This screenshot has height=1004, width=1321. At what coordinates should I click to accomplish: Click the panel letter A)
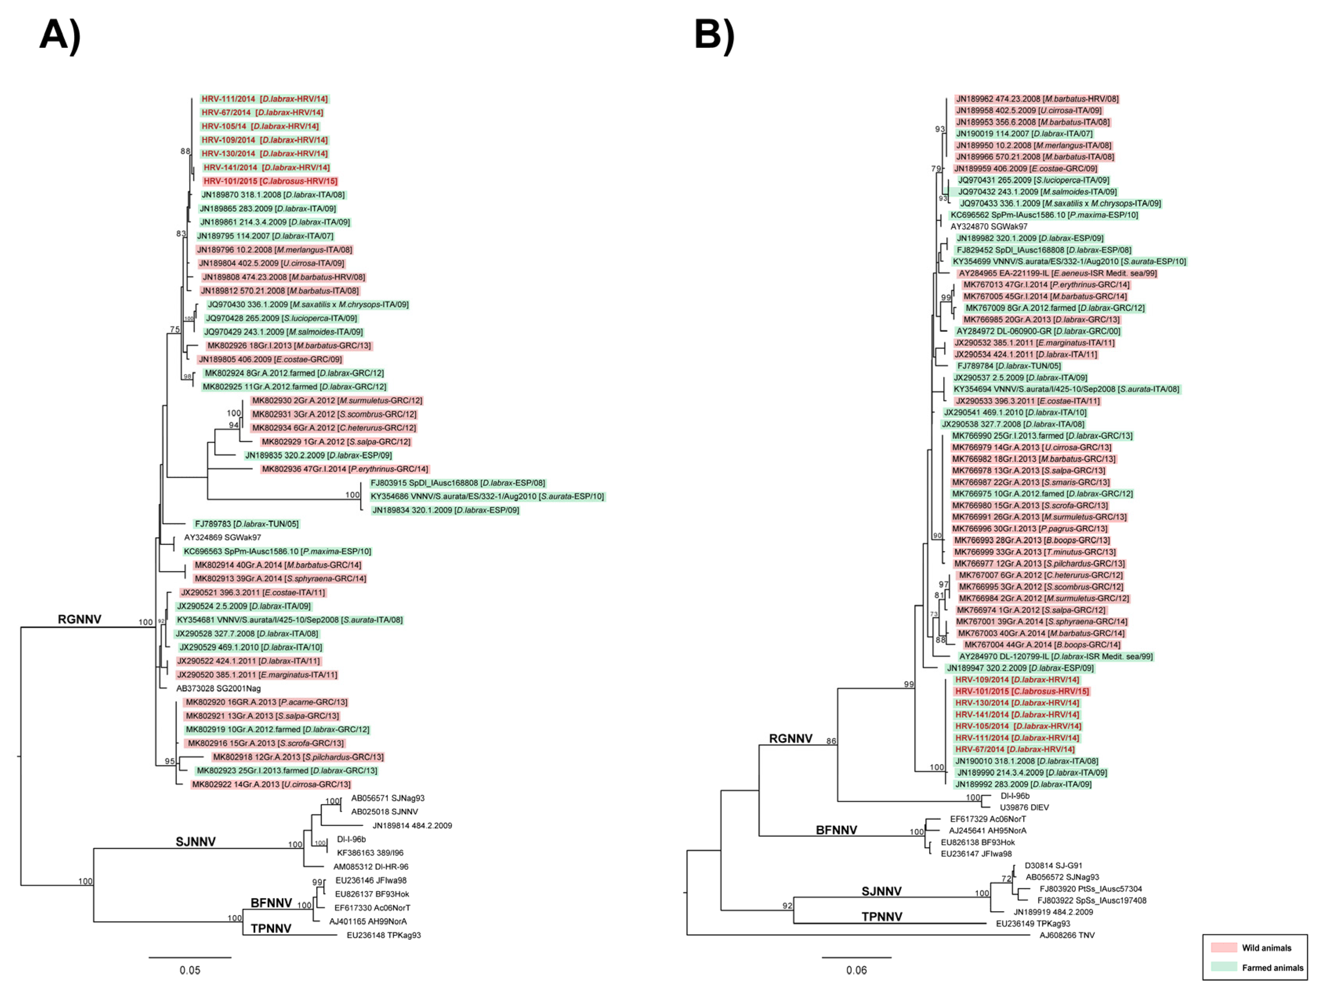point(60,34)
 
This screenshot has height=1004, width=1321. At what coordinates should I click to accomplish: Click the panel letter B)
point(714,34)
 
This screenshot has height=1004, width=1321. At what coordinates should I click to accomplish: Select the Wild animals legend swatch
point(1223,948)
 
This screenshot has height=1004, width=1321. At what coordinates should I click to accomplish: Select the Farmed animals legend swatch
point(1223,968)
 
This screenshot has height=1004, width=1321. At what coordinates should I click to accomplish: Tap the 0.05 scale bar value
point(190,970)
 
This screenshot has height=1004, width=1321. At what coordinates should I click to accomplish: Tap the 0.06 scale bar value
point(856,970)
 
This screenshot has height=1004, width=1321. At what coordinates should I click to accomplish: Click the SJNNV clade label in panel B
point(881,891)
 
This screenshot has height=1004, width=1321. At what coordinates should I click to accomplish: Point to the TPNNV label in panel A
point(271,928)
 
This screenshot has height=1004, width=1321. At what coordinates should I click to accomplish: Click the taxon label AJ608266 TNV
point(1066,935)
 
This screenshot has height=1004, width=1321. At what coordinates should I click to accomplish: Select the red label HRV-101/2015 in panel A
point(270,181)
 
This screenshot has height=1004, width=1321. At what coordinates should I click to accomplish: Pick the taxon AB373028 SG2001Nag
point(218,688)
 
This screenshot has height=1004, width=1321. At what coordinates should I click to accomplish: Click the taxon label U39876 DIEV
point(1024,807)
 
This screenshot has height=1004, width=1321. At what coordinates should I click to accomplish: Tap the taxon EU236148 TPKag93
point(383,935)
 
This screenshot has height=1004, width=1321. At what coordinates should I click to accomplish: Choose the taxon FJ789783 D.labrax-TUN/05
point(246,524)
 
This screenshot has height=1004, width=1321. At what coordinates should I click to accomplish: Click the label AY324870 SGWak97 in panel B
point(989,226)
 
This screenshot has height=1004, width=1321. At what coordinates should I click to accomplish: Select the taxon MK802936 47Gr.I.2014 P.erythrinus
point(345,469)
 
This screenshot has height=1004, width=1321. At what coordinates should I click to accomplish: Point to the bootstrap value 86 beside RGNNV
point(831,741)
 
